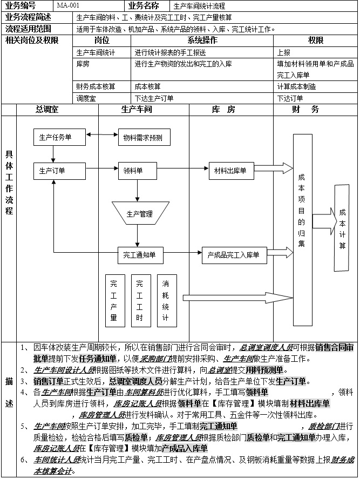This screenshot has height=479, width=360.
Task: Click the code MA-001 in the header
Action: pyautogui.click(x=68, y=6)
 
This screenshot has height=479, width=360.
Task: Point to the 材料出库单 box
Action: pyautogui.click(x=230, y=171)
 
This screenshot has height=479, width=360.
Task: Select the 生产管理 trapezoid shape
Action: pyautogui.click(x=140, y=213)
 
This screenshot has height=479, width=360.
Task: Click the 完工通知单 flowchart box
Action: pyautogui.click(x=140, y=254)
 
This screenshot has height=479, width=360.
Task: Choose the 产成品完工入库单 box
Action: pyautogui.click(x=234, y=254)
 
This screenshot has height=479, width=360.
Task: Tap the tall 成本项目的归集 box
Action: pyautogui.click(x=302, y=213)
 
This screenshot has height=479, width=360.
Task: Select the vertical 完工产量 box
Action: pyautogui.click(x=114, y=300)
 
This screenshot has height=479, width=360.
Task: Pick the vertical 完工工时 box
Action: pyautogui.click(x=140, y=300)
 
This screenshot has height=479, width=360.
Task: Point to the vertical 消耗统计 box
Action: pyautogui.click(x=166, y=300)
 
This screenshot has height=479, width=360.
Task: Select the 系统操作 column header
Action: pyautogui.click(x=202, y=41)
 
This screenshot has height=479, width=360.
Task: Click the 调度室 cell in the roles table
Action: pyautogui.click(x=86, y=98)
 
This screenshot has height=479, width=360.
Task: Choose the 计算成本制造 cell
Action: pyautogui.click(x=297, y=86)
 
